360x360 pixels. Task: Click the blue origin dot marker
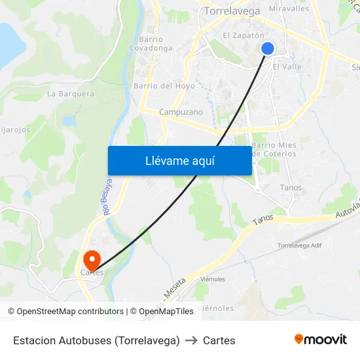[x=268, y=48]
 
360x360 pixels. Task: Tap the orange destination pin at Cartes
[x=92, y=260]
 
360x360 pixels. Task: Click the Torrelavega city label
[x=232, y=10]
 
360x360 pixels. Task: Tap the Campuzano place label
[x=181, y=112]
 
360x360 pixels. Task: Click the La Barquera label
[x=71, y=94]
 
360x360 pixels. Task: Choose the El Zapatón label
[x=243, y=36]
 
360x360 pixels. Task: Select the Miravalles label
[x=289, y=9]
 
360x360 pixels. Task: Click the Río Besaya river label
[x=107, y=197]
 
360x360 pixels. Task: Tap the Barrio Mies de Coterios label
[x=274, y=149]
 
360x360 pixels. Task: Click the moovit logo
[x=320, y=339]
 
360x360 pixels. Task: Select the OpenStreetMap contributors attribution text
[x=65, y=312]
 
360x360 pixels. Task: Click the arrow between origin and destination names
[x=191, y=340]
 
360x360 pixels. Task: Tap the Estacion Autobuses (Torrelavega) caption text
[x=96, y=340]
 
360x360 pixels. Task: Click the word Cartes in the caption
[x=219, y=340]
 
